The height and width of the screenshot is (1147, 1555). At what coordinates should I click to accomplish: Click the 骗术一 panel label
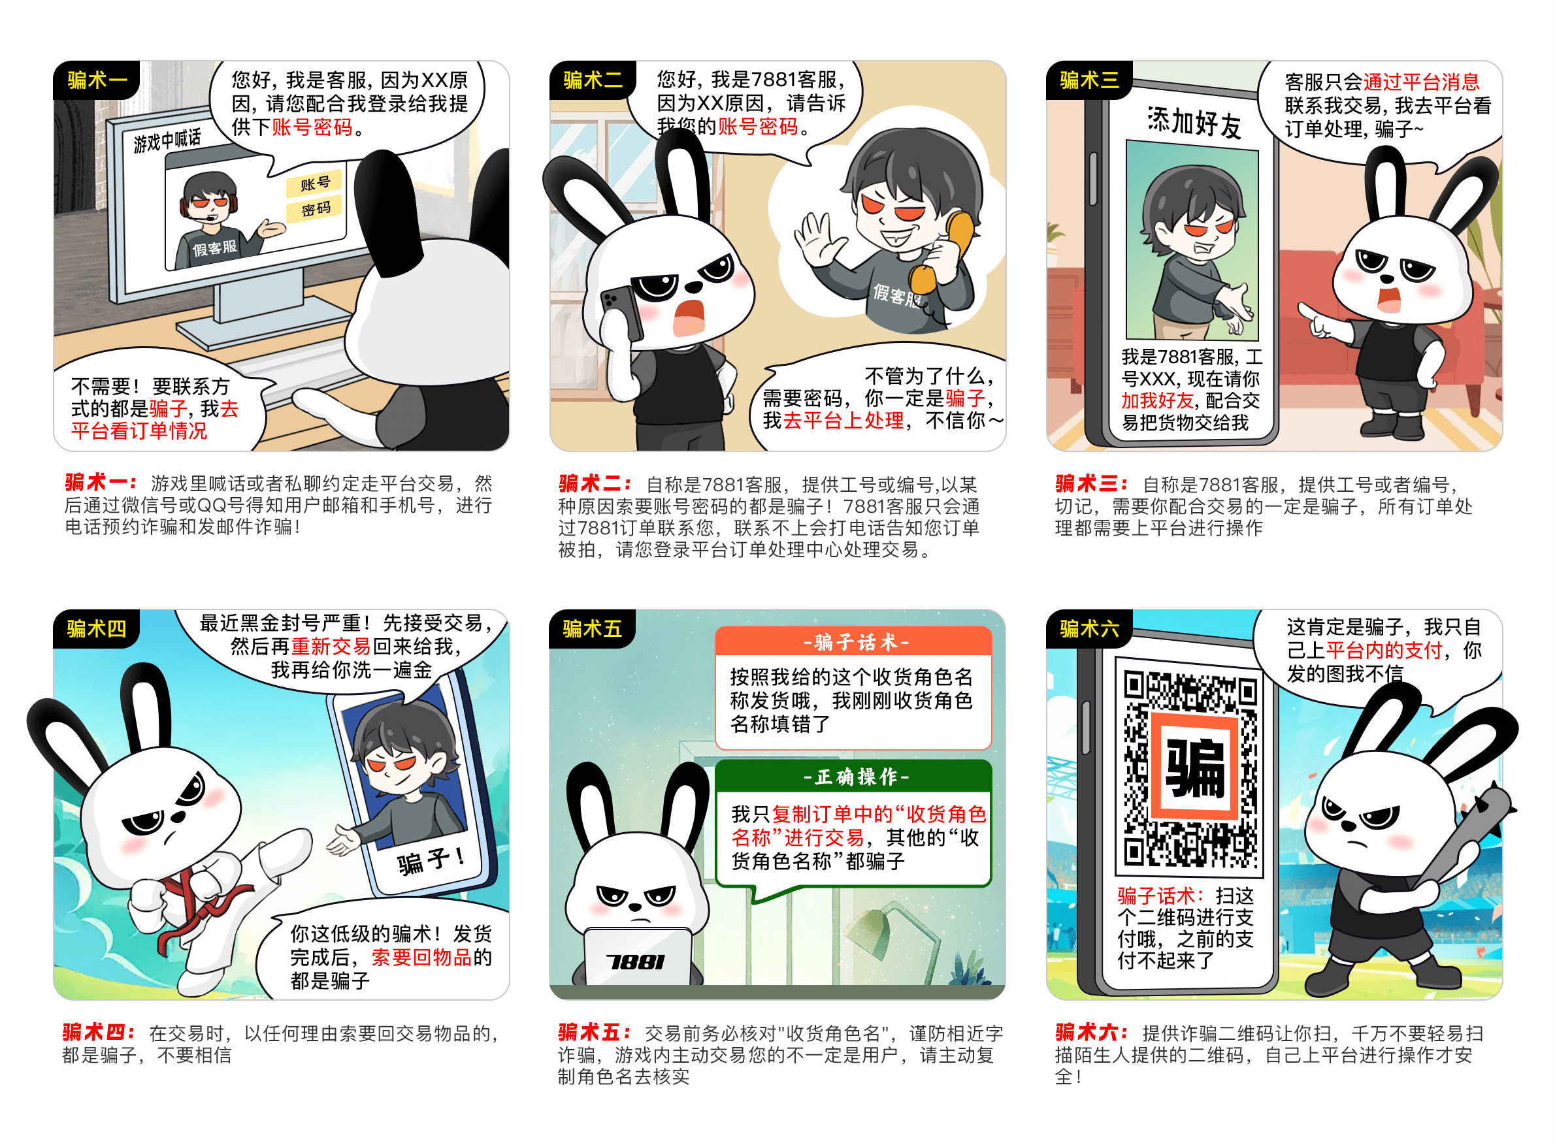point(97,80)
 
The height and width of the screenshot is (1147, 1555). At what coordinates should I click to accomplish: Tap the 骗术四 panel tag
point(97,629)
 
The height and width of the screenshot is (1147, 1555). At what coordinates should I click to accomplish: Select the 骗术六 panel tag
point(1089,629)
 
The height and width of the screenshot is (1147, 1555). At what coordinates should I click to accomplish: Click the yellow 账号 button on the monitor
point(315,184)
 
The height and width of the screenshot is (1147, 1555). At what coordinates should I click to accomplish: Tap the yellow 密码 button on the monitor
point(316,209)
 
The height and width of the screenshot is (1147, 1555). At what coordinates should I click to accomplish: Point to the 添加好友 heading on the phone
point(1194,123)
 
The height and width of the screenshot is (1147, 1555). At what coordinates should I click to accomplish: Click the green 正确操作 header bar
point(853,776)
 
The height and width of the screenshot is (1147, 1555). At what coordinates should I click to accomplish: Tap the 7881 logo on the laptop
point(636,961)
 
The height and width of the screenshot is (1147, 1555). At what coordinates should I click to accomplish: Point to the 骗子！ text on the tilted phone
point(431,860)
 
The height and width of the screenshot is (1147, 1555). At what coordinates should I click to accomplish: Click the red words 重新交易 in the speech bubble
point(331,647)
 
